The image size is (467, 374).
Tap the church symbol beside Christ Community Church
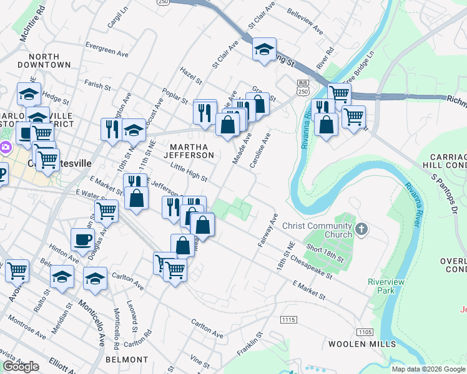(361, 230)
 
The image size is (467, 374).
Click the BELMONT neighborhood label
(127, 360)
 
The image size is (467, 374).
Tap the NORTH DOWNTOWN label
(44, 60)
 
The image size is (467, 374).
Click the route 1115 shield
(288, 319)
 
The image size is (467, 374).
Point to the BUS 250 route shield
(303, 87)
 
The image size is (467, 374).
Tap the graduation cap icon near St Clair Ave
(264, 49)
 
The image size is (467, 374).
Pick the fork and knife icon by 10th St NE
(112, 129)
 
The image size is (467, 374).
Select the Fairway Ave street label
(267, 231)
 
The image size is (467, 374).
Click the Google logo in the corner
(21, 367)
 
